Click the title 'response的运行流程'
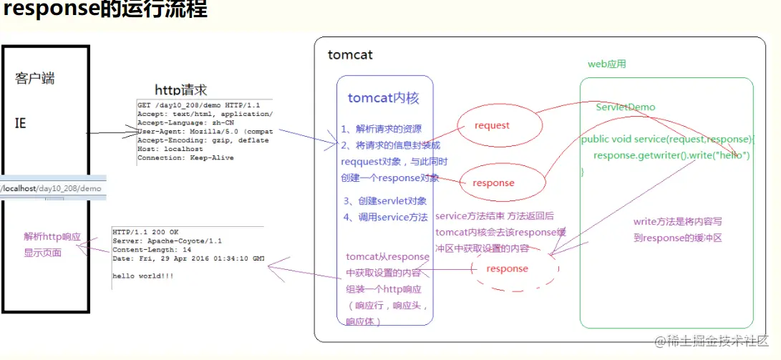click(x=105, y=11)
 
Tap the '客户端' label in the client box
click(x=34, y=78)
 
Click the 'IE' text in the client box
click(x=21, y=123)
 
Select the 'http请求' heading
click(x=181, y=90)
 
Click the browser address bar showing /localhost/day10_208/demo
click(x=52, y=188)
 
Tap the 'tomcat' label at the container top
click(x=350, y=55)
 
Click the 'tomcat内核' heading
click(x=384, y=99)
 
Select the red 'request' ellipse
click(x=493, y=126)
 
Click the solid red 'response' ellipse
click(x=493, y=183)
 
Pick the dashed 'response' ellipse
click(x=507, y=269)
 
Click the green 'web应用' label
click(x=607, y=64)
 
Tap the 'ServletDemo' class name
click(x=626, y=107)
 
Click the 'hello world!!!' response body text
click(x=144, y=275)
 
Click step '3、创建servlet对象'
click(x=384, y=201)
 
